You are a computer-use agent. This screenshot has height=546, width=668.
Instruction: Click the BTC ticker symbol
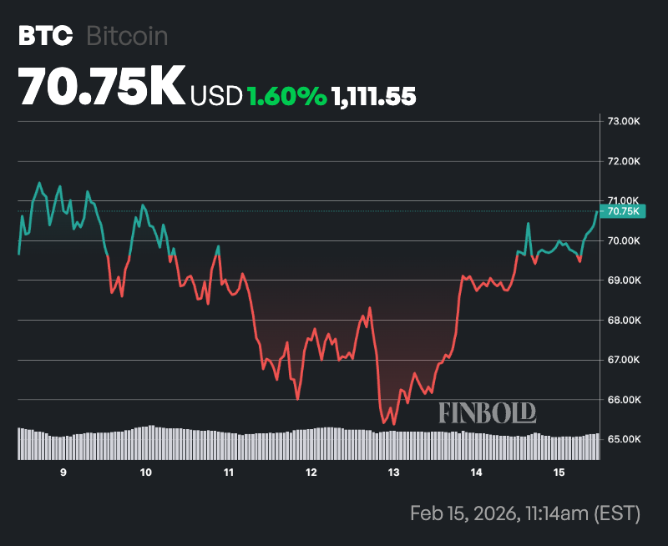(x=41, y=36)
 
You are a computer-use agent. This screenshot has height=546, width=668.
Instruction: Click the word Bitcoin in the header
(x=127, y=36)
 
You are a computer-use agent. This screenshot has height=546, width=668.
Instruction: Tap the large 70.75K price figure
(x=101, y=86)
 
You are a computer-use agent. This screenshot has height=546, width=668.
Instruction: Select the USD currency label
(x=216, y=96)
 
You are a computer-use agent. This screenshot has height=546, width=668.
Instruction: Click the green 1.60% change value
(x=286, y=96)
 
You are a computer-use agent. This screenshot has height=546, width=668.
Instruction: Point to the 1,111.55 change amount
(x=374, y=96)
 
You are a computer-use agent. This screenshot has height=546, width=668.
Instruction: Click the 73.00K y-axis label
(x=623, y=122)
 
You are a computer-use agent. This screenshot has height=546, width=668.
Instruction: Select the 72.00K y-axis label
(x=623, y=161)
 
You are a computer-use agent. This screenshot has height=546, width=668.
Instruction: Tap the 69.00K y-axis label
(x=623, y=281)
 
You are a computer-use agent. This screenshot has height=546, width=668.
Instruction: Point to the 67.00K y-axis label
(x=623, y=360)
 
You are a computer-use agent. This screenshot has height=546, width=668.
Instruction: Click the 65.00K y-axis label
(x=623, y=439)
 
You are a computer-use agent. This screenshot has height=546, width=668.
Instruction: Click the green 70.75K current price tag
(x=623, y=211)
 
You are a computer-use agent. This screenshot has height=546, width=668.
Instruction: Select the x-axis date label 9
(x=63, y=473)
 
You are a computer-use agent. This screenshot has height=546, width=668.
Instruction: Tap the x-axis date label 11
(x=228, y=473)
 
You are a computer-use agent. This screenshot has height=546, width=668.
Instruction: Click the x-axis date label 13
(x=393, y=473)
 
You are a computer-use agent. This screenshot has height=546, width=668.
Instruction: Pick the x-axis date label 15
(x=559, y=473)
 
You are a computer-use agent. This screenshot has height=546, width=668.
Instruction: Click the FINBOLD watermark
(x=487, y=412)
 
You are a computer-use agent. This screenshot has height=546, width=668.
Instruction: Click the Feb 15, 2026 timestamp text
(x=524, y=513)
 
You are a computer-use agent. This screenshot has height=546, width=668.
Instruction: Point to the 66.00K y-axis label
(x=623, y=400)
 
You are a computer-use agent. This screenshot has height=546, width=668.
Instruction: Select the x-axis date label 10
(x=146, y=473)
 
